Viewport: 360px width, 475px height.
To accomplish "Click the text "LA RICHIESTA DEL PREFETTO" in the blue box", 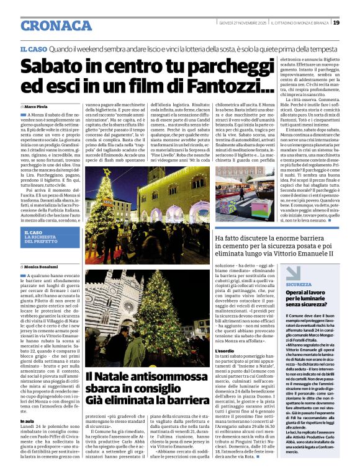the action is (x=42, y=239).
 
